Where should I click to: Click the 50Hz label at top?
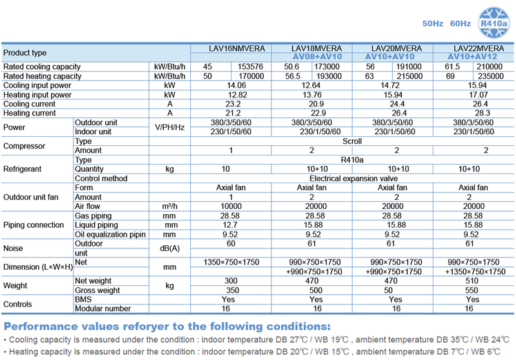433,24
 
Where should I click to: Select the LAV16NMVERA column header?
230,48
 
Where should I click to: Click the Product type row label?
25,53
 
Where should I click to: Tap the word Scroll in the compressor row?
353,141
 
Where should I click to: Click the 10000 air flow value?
230,206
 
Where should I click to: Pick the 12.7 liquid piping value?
230,225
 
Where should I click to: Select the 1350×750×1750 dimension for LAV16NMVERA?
230,263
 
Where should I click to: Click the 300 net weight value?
230,281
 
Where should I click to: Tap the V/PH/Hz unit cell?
170,127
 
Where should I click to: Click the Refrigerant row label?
23,169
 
